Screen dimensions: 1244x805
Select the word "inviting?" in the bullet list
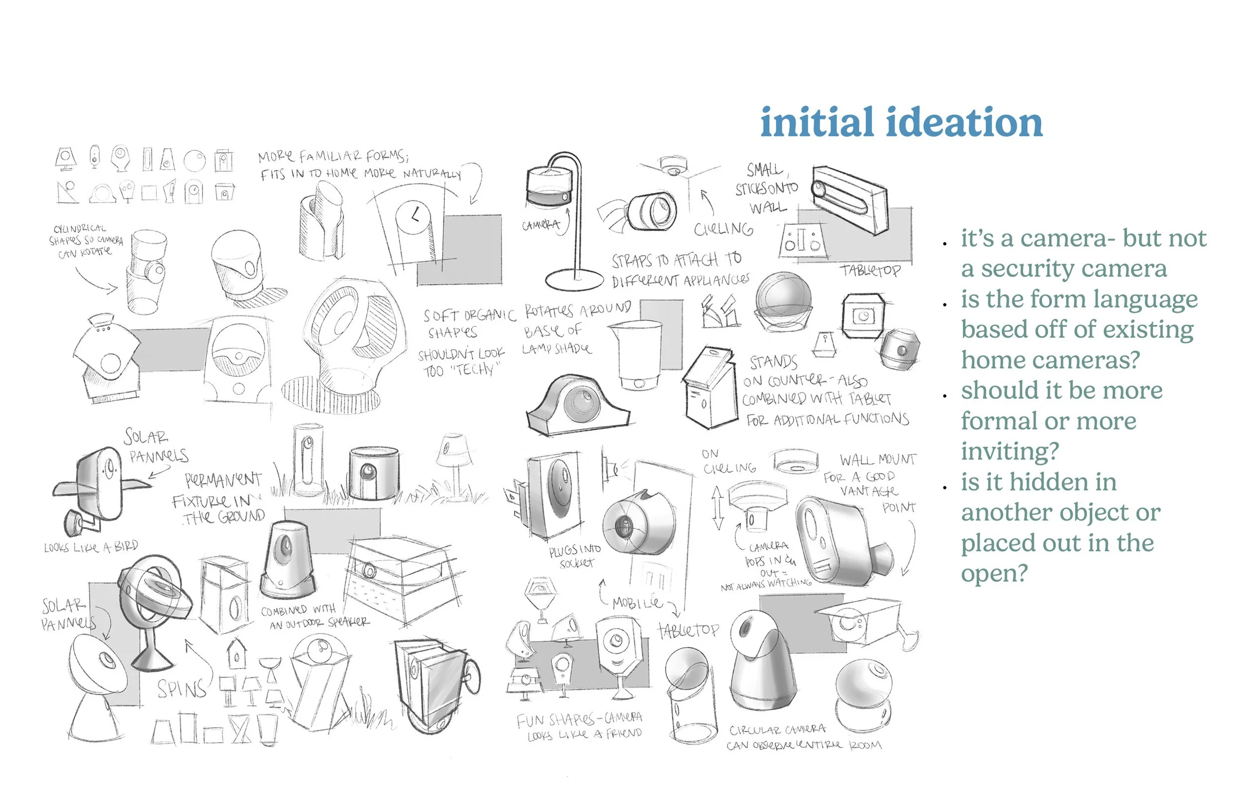[x=1009, y=451]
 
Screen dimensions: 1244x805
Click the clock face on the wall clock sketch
[x=413, y=216]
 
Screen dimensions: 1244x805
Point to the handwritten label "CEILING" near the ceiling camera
[x=724, y=229]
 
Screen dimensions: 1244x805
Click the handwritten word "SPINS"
[x=181, y=689]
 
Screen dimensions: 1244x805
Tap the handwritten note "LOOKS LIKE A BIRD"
[x=91, y=547]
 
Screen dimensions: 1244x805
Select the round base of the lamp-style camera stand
[x=574, y=280]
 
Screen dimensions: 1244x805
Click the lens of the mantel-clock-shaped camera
[x=579, y=403]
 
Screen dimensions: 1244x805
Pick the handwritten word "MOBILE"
[x=636, y=603]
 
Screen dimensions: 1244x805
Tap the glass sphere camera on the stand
[x=783, y=297]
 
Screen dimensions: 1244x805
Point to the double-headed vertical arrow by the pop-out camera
[x=718, y=507]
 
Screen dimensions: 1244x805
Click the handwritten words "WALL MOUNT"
[x=878, y=460]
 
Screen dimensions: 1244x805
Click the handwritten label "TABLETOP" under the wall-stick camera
[x=870, y=270]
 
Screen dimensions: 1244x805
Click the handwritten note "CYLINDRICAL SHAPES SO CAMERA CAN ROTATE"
[x=86, y=241]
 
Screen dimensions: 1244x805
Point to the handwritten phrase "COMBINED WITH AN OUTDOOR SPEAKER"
[x=315, y=616]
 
